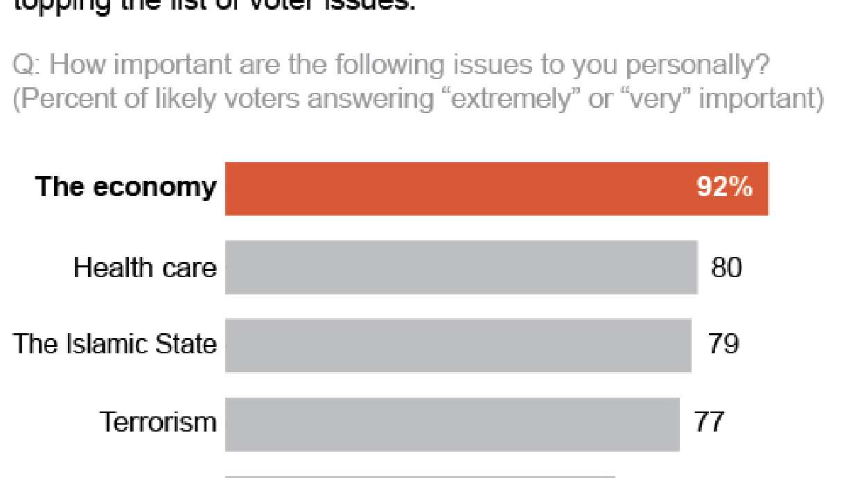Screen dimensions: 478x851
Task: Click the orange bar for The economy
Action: coord(496,188)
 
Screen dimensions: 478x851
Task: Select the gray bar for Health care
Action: coord(461,267)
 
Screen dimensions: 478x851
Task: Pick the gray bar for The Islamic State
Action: coord(458,344)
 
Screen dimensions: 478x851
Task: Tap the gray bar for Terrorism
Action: coord(452,422)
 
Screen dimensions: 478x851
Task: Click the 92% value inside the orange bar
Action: coord(725,188)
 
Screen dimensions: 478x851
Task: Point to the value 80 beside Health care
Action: coord(726,267)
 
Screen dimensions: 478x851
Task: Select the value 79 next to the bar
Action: coord(723,344)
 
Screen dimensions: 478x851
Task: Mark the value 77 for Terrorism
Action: coord(710,422)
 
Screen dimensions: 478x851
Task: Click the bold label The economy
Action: coord(125,187)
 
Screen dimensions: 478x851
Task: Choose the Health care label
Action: coord(145,267)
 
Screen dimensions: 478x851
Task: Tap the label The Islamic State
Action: coord(115,344)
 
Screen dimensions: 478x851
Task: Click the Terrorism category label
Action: coord(158,422)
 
